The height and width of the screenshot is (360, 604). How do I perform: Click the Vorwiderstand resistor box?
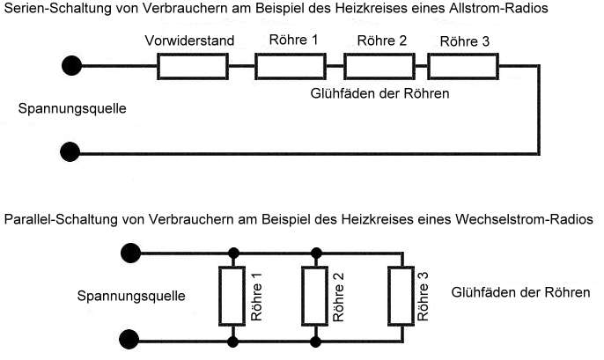pyautogui.click(x=193, y=67)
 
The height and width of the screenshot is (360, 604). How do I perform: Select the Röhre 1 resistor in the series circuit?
pyautogui.click(x=291, y=67)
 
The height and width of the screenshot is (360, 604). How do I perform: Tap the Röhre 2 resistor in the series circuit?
pyautogui.click(x=379, y=67)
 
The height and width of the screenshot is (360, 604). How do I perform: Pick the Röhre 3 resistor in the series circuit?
pyautogui.click(x=463, y=67)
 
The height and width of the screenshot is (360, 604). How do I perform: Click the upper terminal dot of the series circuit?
pyautogui.click(x=71, y=65)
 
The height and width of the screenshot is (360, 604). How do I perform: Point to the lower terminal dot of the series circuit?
pyautogui.click(x=70, y=151)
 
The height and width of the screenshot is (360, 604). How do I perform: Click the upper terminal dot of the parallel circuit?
pyautogui.click(x=130, y=253)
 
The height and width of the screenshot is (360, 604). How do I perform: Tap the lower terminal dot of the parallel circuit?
pyautogui.click(x=129, y=340)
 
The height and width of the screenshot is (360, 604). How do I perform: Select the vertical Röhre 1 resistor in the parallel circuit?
pyautogui.click(x=232, y=297)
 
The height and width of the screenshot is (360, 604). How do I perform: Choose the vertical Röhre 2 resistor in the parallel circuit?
pyautogui.click(x=314, y=297)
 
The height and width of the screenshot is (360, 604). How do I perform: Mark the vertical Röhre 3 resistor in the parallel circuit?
pyautogui.click(x=401, y=297)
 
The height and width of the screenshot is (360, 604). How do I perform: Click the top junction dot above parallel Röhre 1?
pyautogui.click(x=233, y=253)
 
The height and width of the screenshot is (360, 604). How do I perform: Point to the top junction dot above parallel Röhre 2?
pyautogui.click(x=316, y=253)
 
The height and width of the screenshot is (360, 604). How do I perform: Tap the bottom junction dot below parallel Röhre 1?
pyautogui.click(x=232, y=342)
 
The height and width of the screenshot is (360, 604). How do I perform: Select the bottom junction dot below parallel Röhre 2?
pyautogui.click(x=315, y=342)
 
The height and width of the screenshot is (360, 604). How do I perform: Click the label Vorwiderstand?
pyautogui.click(x=189, y=40)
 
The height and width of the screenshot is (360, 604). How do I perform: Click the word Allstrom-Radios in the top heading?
pyautogui.click(x=499, y=8)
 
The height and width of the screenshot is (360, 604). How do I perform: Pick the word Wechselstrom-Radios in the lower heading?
pyautogui.click(x=524, y=219)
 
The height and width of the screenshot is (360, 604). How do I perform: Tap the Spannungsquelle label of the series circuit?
pyautogui.click(x=72, y=109)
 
